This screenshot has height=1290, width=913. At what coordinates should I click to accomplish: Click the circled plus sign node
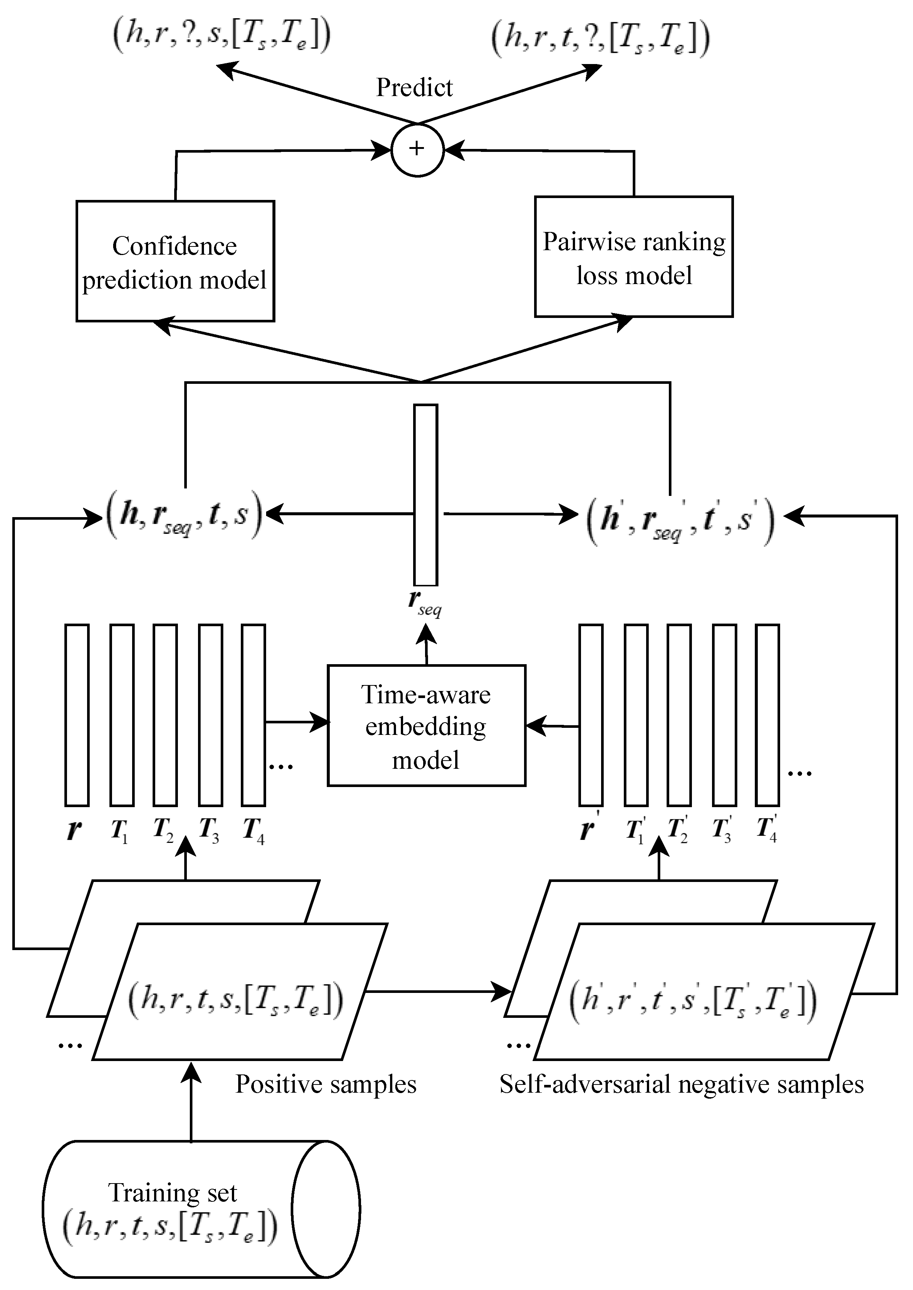click(x=417, y=150)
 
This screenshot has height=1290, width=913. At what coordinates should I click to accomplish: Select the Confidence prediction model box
click(x=175, y=261)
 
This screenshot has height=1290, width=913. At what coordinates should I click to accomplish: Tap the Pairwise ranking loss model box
click(x=633, y=257)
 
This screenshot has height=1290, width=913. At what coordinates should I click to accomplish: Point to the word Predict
click(x=414, y=88)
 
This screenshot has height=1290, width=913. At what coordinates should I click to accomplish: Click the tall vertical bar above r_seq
click(x=425, y=495)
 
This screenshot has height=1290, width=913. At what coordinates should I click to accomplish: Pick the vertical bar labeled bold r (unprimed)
click(x=77, y=715)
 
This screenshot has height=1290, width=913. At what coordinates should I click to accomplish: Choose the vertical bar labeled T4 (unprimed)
click(x=253, y=715)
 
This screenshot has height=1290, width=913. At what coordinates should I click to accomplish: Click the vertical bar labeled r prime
click(x=591, y=715)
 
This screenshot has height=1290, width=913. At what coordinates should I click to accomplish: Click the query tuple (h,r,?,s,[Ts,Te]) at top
click(x=221, y=36)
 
